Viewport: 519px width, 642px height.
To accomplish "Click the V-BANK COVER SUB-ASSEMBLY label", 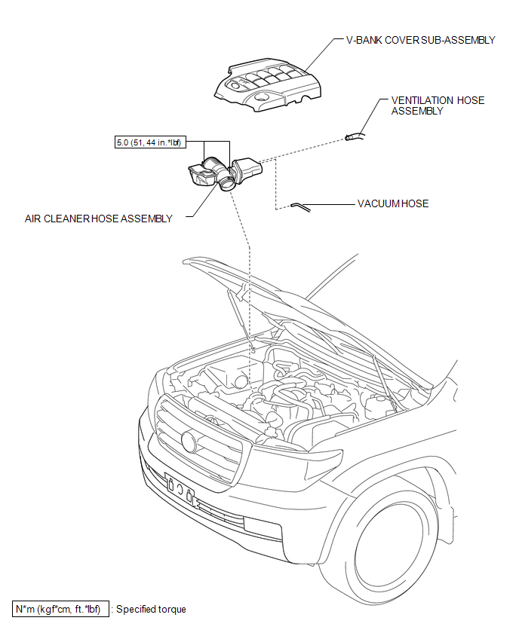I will tap(420, 40).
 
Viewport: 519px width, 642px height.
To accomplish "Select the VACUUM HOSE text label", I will tap(392, 203).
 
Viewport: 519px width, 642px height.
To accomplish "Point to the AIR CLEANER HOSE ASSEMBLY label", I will tap(98, 219).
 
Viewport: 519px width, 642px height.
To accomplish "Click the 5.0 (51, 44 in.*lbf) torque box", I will tap(151, 141).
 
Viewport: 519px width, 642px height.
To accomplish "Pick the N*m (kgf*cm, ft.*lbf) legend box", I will tap(60, 609).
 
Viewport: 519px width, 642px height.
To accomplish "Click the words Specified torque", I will tap(151, 609).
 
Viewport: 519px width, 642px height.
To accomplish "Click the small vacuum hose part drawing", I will tap(299, 205).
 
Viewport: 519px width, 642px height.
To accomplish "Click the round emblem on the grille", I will tap(189, 442).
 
